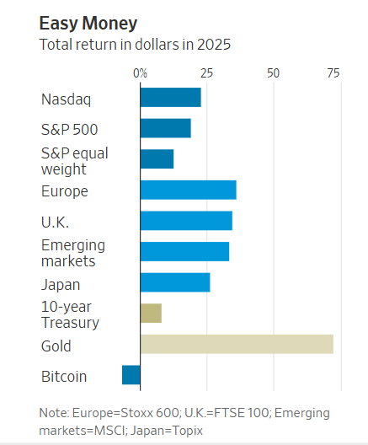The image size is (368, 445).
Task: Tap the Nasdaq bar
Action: (x=170, y=98)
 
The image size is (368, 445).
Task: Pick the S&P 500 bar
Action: (x=165, y=128)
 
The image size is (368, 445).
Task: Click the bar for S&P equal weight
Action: (x=157, y=158)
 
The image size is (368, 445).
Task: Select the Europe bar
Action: (x=188, y=190)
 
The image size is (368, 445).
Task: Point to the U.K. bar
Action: (x=186, y=221)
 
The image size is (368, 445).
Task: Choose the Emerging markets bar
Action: (x=184, y=251)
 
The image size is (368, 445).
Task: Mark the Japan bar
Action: (x=174, y=282)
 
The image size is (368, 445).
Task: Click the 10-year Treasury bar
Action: (x=151, y=314)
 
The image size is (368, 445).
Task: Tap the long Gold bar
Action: (x=237, y=344)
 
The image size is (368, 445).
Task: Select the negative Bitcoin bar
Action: (x=131, y=375)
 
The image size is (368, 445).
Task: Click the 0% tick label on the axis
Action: (x=141, y=73)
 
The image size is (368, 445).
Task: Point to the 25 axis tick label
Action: (x=206, y=73)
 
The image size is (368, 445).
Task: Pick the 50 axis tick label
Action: (x=273, y=73)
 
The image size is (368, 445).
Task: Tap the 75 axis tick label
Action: (x=333, y=73)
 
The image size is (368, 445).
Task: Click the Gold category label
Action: (x=56, y=346)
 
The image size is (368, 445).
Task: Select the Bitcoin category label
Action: (x=64, y=377)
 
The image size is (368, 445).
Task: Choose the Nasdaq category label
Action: (x=67, y=99)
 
